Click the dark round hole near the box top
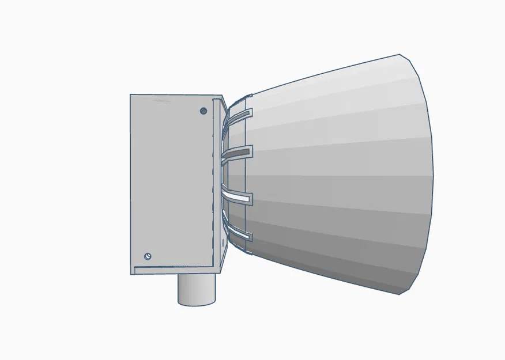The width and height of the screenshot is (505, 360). pyautogui.click(x=203, y=111)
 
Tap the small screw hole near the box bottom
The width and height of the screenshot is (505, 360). pyautogui.click(x=148, y=256)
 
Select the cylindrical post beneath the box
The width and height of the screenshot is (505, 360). pyautogui.click(x=196, y=288)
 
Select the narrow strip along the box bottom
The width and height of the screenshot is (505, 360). pyautogui.click(x=173, y=269)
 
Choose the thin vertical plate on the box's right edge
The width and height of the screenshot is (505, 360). pyautogui.click(x=217, y=184)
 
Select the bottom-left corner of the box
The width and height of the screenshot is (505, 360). pyautogui.click(x=131, y=274)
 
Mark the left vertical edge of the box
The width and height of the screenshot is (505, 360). pyautogui.click(x=131, y=184)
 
